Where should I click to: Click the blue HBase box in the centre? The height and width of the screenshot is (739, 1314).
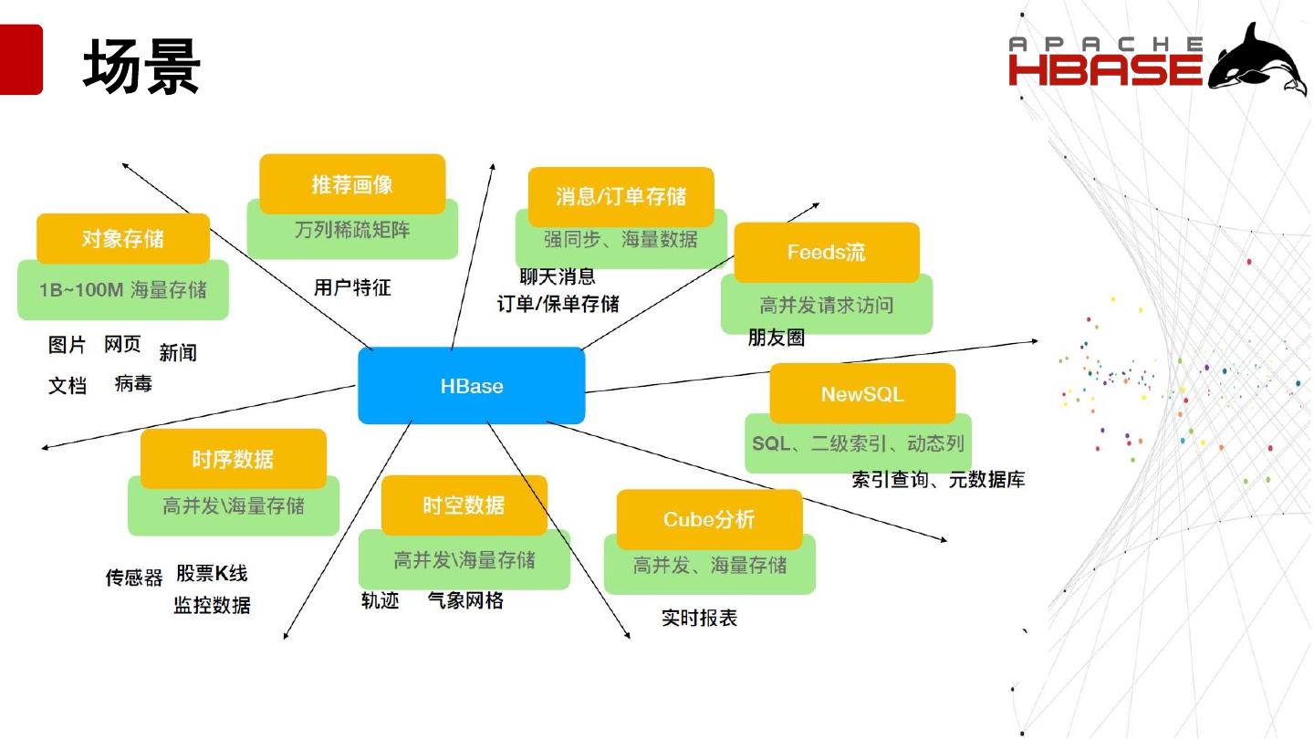pos(471,386)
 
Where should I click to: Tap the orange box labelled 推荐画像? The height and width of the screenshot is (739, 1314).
pos(352,184)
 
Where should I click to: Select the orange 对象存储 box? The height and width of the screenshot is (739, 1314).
pos(123,239)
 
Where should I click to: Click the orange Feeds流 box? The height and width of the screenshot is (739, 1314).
pos(826,252)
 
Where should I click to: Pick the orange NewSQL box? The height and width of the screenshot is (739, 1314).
pos(862,394)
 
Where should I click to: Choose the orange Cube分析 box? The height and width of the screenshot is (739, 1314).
pos(709,519)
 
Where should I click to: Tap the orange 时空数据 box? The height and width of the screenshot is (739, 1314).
pos(464,505)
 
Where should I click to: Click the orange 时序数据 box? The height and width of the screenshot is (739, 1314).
pos(233,459)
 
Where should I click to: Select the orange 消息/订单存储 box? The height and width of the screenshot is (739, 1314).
pos(620,197)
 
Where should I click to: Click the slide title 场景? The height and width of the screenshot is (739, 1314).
pos(141,67)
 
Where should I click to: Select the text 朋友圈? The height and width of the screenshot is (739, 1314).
pos(776,338)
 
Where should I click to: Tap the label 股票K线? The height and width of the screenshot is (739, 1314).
pos(212,573)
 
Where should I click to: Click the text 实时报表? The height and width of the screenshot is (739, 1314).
pos(699,618)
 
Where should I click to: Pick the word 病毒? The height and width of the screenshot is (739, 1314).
pos(133,384)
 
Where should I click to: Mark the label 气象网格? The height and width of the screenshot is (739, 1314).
pos(465,600)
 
